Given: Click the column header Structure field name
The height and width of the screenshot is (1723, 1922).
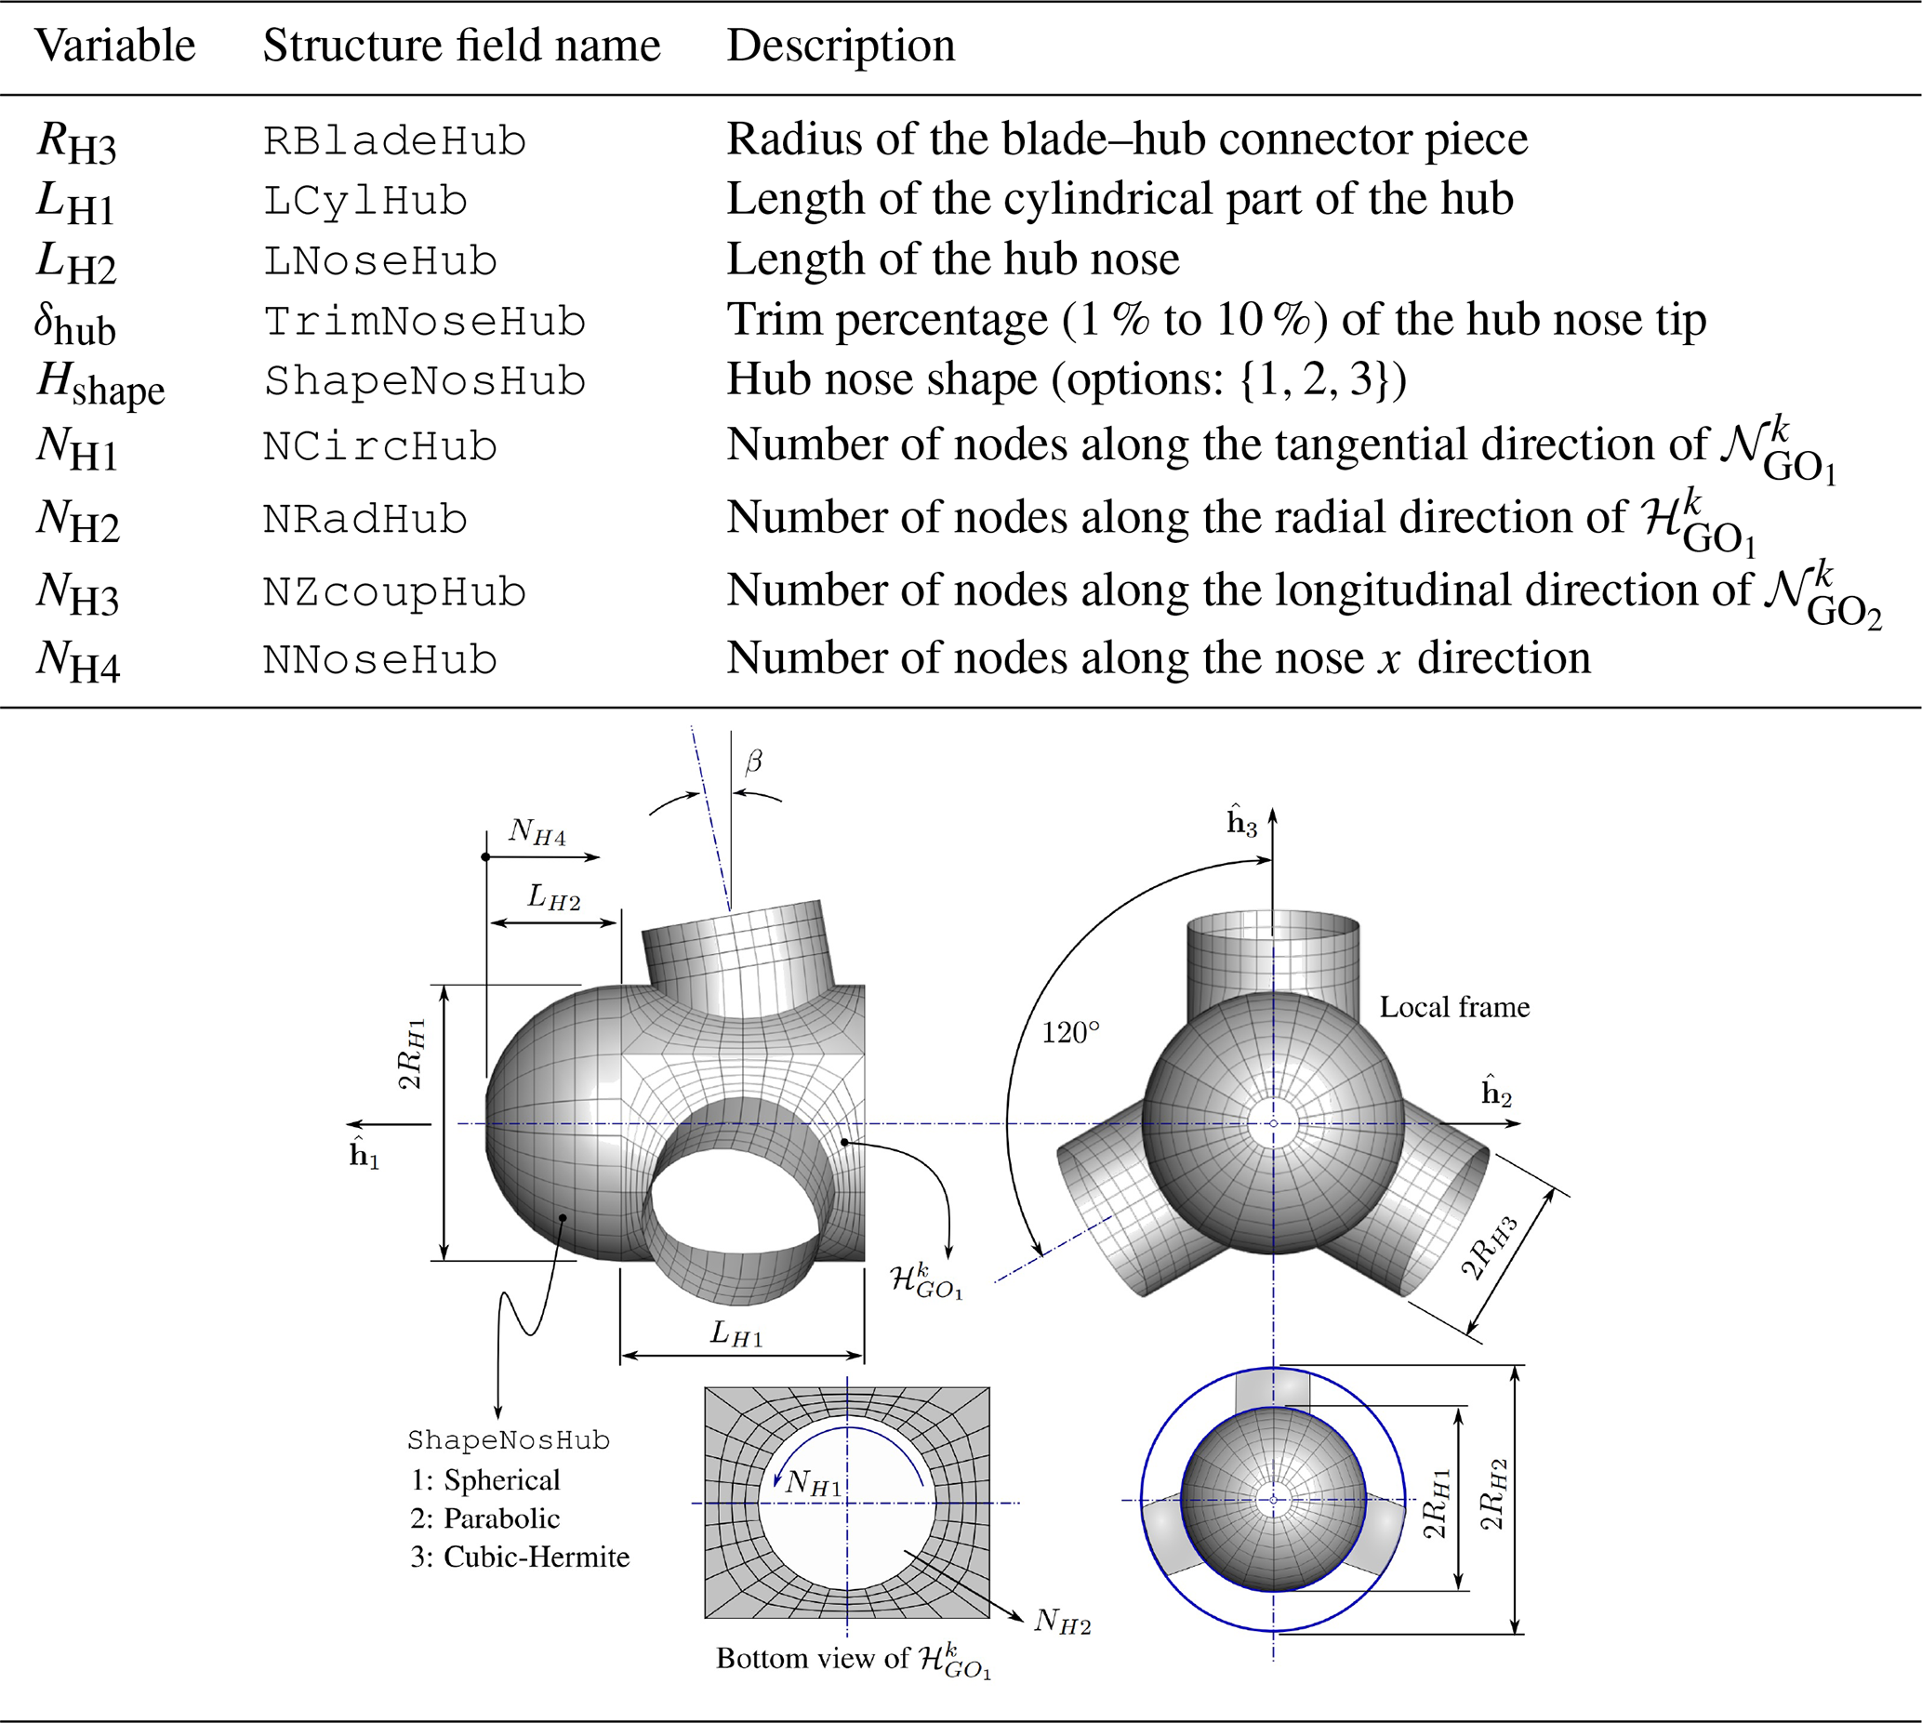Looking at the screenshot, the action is (x=461, y=46).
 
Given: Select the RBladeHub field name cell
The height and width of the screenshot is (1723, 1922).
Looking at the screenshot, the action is (x=394, y=141).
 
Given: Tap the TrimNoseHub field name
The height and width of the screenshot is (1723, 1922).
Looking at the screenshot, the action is (x=424, y=322).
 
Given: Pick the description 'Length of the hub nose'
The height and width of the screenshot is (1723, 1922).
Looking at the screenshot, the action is (x=952, y=258).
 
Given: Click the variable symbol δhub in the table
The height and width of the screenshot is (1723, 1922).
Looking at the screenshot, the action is (x=74, y=324).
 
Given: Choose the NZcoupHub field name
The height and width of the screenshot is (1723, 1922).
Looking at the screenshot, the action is (x=394, y=592).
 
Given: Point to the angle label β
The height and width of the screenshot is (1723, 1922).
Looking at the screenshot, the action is (x=754, y=762).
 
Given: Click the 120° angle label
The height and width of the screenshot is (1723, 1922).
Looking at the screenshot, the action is (x=1071, y=1032).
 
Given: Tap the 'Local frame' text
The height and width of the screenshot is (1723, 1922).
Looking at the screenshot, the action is (x=1454, y=1006).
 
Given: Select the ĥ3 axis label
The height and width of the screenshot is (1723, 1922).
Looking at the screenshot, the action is (x=1241, y=822).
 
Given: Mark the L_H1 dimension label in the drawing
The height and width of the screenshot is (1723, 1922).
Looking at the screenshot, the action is (x=736, y=1335).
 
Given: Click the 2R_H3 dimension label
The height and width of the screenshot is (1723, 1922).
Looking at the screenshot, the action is (x=1490, y=1248).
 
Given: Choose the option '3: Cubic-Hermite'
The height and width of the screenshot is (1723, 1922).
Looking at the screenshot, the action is (x=520, y=1557).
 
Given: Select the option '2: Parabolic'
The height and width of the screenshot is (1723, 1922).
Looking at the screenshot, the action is (x=484, y=1518).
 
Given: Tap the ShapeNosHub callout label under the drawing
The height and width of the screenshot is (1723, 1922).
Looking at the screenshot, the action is (x=509, y=1440).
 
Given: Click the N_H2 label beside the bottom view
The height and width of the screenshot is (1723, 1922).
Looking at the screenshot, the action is (x=1062, y=1621).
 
